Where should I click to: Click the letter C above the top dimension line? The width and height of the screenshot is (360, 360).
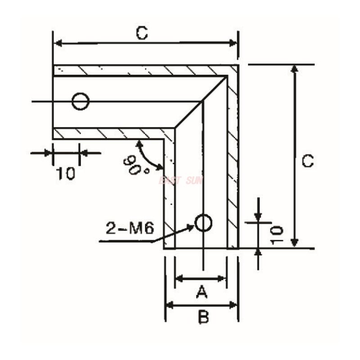[142, 33]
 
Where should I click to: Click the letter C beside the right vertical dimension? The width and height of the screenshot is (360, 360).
[307, 161]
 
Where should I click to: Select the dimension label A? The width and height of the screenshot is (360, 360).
[202, 293]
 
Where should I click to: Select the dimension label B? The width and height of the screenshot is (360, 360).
[203, 318]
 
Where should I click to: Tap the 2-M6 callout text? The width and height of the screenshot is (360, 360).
[130, 229]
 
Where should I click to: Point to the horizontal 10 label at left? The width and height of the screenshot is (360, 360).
[66, 173]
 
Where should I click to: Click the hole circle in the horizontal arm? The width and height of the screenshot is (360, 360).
[81, 101]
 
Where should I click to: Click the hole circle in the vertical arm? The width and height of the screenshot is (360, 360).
[203, 223]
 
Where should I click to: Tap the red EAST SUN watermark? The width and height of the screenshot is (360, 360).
[181, 181]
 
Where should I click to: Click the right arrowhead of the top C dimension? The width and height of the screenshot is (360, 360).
[233, 43]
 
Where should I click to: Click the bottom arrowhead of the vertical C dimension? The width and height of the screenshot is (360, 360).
[294, 243]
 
